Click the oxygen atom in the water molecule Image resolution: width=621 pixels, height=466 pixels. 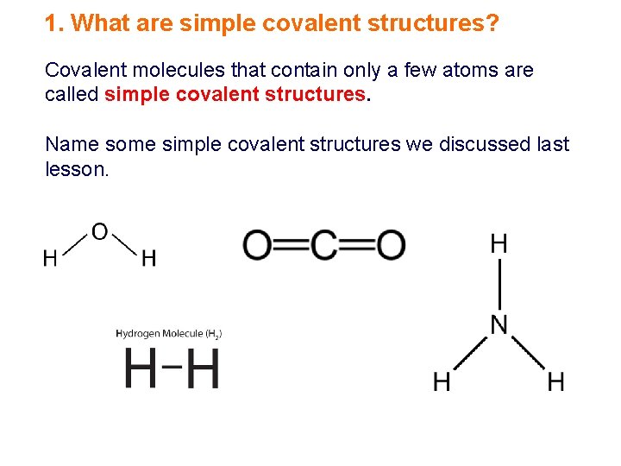99,232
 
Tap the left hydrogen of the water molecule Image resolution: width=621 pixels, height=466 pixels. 51,258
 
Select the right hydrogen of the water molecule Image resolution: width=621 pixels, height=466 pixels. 148,258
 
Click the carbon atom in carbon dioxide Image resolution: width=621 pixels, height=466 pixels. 324,245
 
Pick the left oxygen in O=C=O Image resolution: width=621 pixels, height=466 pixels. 257,245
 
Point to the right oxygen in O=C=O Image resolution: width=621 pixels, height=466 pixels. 391,245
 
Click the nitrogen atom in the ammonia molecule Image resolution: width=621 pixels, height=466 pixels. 499,324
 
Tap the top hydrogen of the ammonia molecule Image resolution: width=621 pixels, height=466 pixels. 499,244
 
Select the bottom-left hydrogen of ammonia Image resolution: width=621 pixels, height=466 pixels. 442,381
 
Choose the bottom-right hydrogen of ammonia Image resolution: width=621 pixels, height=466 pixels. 556,381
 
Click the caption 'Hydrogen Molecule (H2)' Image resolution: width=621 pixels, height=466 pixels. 169,333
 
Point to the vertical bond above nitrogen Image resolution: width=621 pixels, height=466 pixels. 499,284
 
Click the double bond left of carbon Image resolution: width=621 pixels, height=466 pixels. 291,245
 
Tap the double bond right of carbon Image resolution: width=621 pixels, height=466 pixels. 358,245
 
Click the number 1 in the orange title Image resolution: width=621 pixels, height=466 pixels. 51,23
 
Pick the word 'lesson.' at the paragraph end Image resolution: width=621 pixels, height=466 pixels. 77,169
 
